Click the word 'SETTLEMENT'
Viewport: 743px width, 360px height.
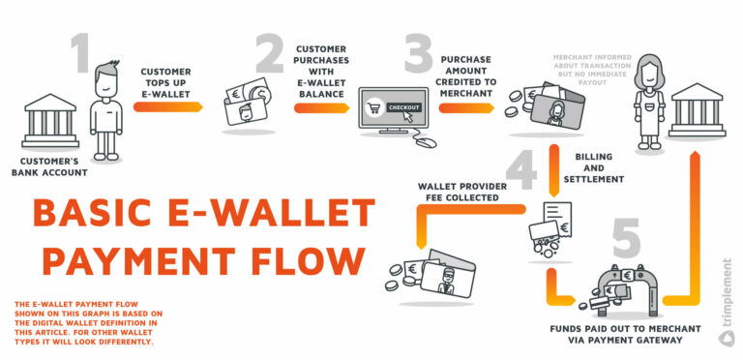600,179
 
